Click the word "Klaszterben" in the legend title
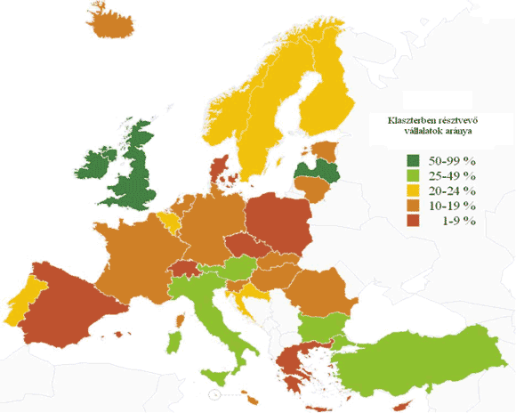pyautogui.click(x=415, y=119)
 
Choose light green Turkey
pyautogui.click(x=418, y=356)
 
